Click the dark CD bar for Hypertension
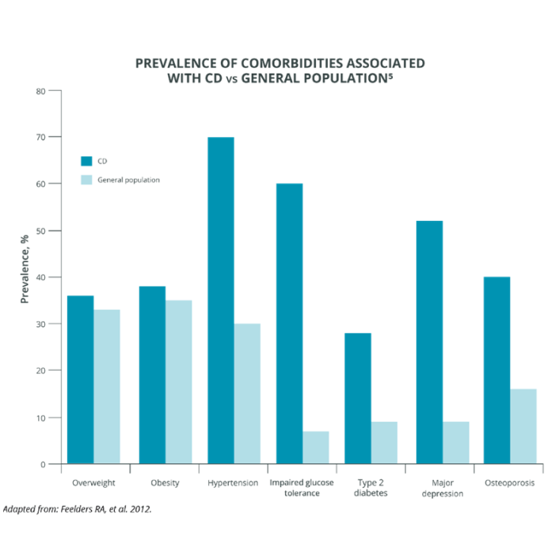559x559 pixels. click(221, 301)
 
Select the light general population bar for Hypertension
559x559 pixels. click(247, 394)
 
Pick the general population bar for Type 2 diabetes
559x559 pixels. click(384, 443)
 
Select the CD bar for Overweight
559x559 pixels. click(81, 379)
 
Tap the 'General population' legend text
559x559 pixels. click(128, 180)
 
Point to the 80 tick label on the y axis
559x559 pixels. click(41, 91)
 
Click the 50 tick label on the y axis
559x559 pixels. click(41, 230)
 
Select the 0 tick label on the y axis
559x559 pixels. click(44, 464)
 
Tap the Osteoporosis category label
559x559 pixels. click(509, 483)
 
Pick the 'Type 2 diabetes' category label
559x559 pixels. click(371, 488)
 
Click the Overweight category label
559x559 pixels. click(94, 483)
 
